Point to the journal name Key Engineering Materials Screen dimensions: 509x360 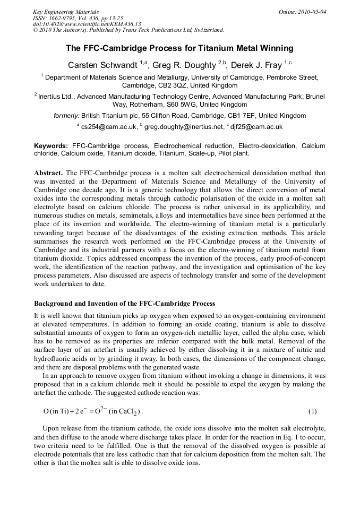[x=66, y=11]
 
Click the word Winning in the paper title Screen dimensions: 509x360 [x=275, y=48]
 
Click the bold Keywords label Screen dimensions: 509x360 [x=51, y=145]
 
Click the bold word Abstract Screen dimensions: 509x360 [x=48, y=173]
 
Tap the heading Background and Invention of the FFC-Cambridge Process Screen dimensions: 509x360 [x=124, y=304]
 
